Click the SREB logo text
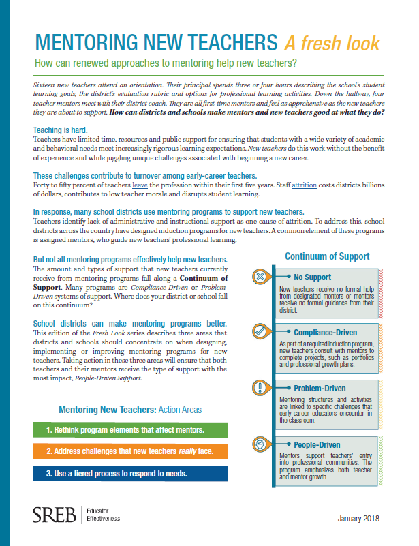54,515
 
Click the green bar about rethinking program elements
129,431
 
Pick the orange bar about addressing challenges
129,452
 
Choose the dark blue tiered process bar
129,473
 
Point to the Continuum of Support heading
327,256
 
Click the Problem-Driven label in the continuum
320,388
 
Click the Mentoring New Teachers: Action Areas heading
129,410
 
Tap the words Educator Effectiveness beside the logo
103,515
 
